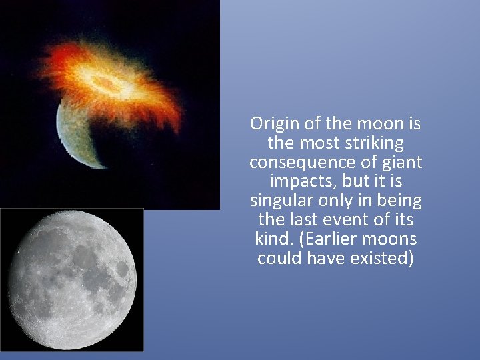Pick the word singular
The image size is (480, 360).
(279, 201)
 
